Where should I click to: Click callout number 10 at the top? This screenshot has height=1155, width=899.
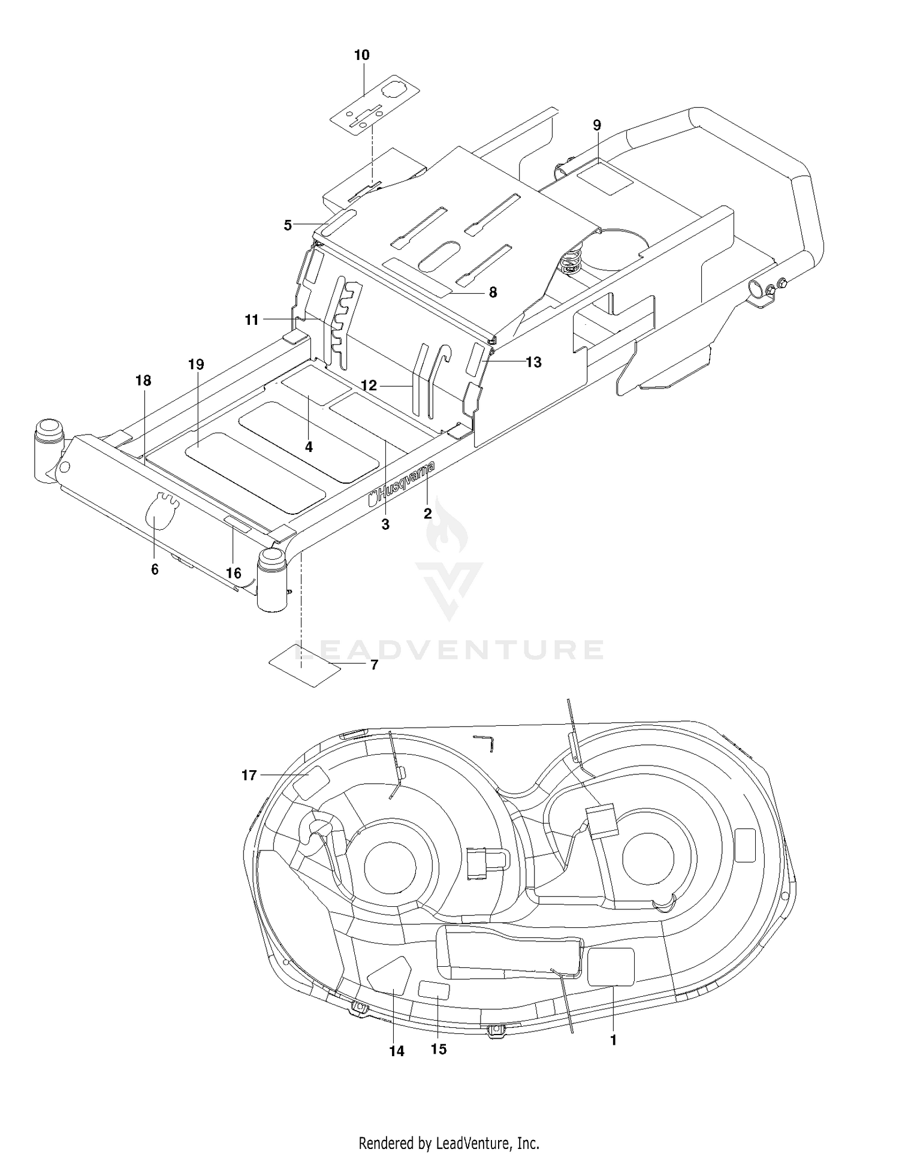[x=361, y=55]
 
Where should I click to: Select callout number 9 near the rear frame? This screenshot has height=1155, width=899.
[x=597, y=125]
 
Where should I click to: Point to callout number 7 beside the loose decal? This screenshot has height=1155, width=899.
[x=374, y=665]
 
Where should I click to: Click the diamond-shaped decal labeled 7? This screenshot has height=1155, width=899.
[x=304, y=665]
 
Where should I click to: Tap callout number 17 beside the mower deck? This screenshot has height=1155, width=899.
[x=249, y=776]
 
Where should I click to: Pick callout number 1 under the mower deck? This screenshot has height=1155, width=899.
[x=613, y=1041]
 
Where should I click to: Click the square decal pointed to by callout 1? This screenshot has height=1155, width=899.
[x=611, y=967]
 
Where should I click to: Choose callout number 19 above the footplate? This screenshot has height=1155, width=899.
[x=196, y=364]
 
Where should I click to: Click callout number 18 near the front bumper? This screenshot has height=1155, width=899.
[x=143, y=381]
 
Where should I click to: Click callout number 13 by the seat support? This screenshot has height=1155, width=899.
[x=533, y=362]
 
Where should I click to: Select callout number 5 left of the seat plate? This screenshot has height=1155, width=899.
[x=288, y=225]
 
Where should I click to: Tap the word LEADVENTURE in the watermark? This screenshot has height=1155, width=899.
[x=449, y=650]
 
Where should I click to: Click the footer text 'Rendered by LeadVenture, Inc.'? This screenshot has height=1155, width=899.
[x=449, y=1142]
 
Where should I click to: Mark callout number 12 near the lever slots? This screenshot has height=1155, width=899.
[x=369, y=385]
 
